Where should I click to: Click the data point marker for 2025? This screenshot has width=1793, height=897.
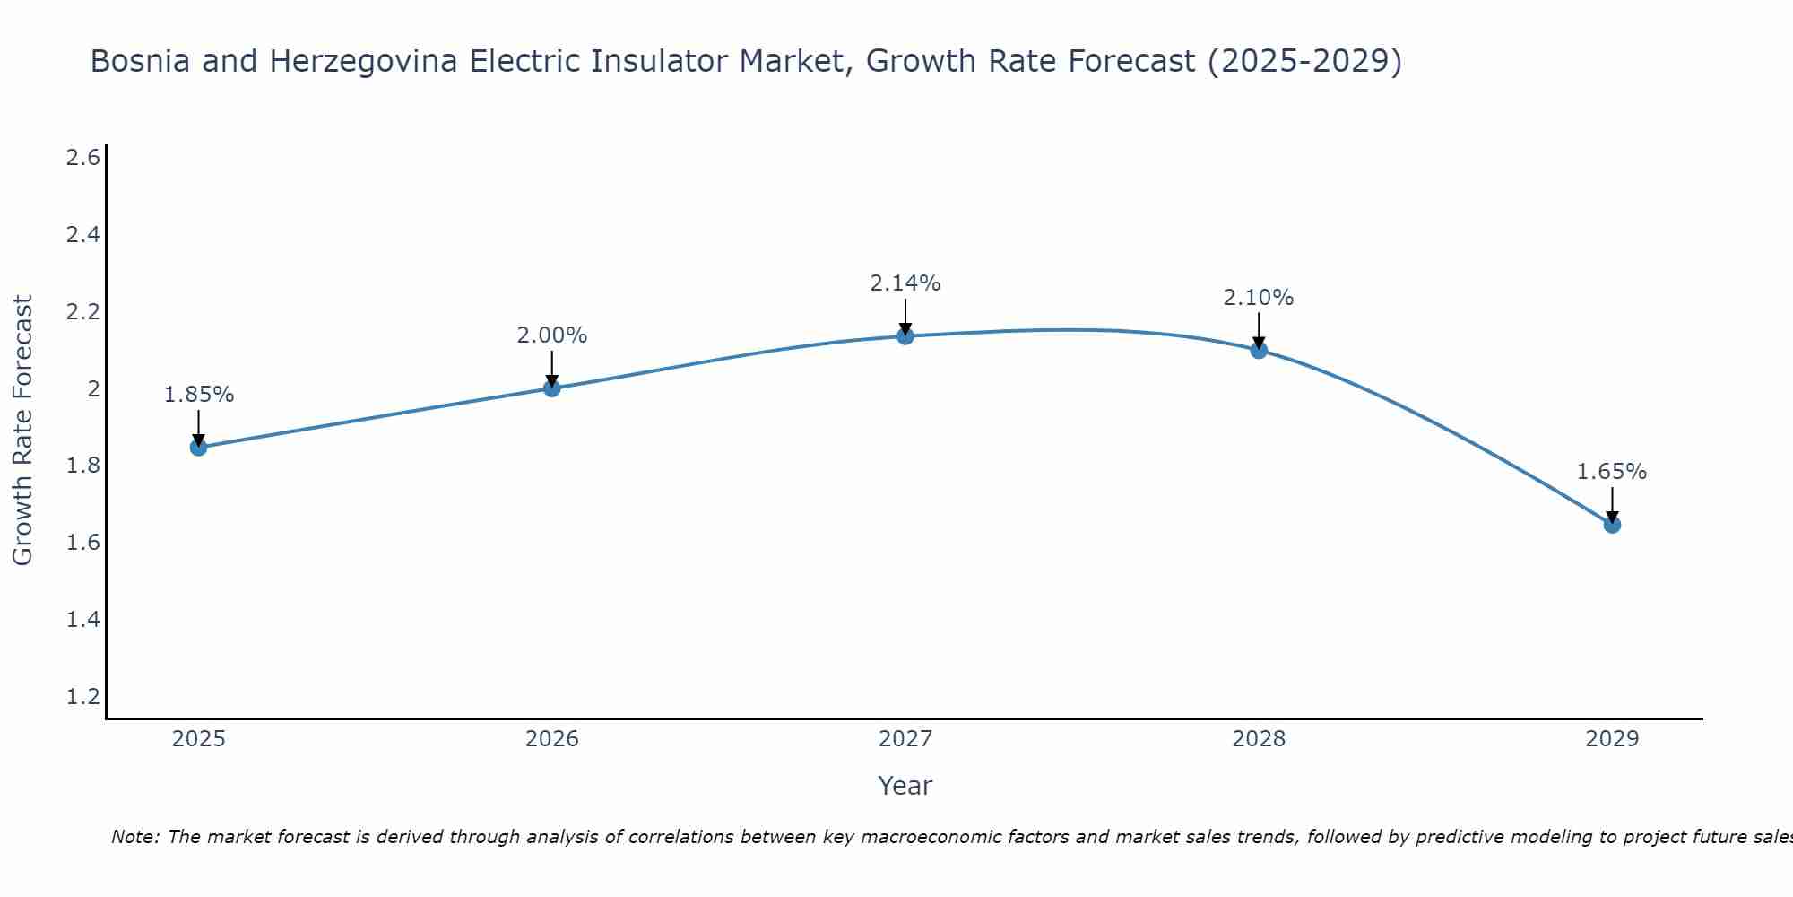tap(199, 447)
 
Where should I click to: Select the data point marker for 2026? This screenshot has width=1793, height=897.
tap(552, 388)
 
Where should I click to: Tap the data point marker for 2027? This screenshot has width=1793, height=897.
tap(905, 335)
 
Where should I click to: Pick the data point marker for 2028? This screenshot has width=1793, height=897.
tap(1259, 350)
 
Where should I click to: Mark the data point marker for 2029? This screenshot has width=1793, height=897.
tap(1612, 525)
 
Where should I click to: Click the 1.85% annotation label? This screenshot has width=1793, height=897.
tap(199, 395)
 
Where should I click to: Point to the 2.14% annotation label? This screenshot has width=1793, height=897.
tap(905, 283)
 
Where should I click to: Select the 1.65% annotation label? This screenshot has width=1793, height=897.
tap(1612, 472)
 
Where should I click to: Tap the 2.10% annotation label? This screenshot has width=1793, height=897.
tap(1259, 298)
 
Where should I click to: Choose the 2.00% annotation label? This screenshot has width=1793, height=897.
tap(552, 335)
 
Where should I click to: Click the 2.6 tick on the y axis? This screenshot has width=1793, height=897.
tap(82, 158)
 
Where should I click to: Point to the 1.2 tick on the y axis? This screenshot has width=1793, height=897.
tap(82, 697)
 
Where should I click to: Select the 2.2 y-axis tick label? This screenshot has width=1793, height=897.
tap(82, 312)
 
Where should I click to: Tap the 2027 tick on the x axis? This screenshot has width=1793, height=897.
tap(905, 739)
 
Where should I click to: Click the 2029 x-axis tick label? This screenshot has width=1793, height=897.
tap(1612, 739)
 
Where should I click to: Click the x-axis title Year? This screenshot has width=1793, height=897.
tap(905, 786)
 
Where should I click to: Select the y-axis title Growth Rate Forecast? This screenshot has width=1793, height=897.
tap(23, 431)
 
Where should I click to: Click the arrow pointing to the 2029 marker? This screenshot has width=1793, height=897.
tap(1612, 504)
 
